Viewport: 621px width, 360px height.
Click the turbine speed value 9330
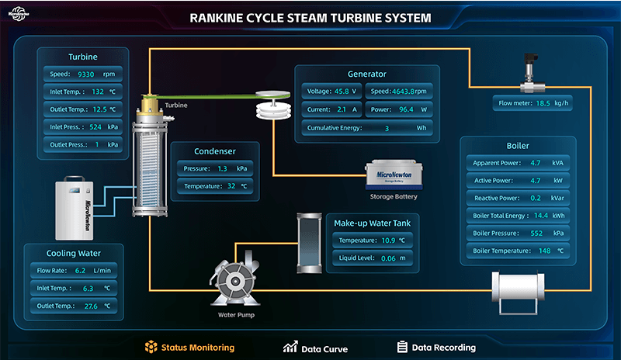click(86, 74)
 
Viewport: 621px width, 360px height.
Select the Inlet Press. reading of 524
click(95, 127)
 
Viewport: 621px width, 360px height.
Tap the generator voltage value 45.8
click(342, 91)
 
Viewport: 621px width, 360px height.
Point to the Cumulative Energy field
click(367, 128)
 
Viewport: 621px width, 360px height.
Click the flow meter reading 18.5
click(543, 103)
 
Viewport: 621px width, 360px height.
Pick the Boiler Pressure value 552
click(536, 234)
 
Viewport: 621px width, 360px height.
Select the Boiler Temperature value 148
click(545, 251)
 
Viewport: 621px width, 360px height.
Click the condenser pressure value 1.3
click(222, 168)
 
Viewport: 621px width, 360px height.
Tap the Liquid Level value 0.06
click(388, 258)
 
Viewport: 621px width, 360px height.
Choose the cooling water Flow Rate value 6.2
click(81, 271)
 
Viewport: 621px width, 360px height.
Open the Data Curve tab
click(316, 348)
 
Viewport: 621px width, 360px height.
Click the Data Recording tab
click(436, 348)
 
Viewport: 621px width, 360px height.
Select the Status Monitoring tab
click(189, 348)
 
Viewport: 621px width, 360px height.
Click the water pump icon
click(235, 279)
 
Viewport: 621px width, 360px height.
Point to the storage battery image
click(394, 175)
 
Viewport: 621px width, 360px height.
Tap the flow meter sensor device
click(532, 73)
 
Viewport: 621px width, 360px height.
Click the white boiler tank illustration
click(518, 292)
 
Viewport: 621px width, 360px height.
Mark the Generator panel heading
click(366, 74)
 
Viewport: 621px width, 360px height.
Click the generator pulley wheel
click(273, 105)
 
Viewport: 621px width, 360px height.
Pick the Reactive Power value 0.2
click(536, 198)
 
